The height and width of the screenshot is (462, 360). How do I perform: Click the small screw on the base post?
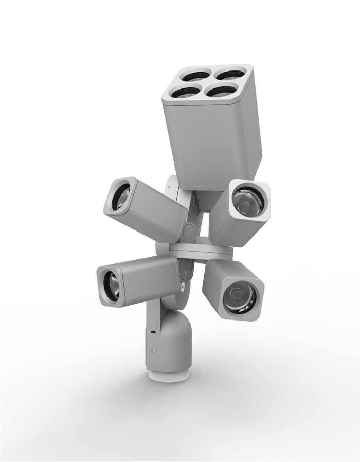click(153, 351)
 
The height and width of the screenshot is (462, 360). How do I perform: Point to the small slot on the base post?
click(153, 333)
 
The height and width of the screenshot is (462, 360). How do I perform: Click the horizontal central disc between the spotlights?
click(201, 252)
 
